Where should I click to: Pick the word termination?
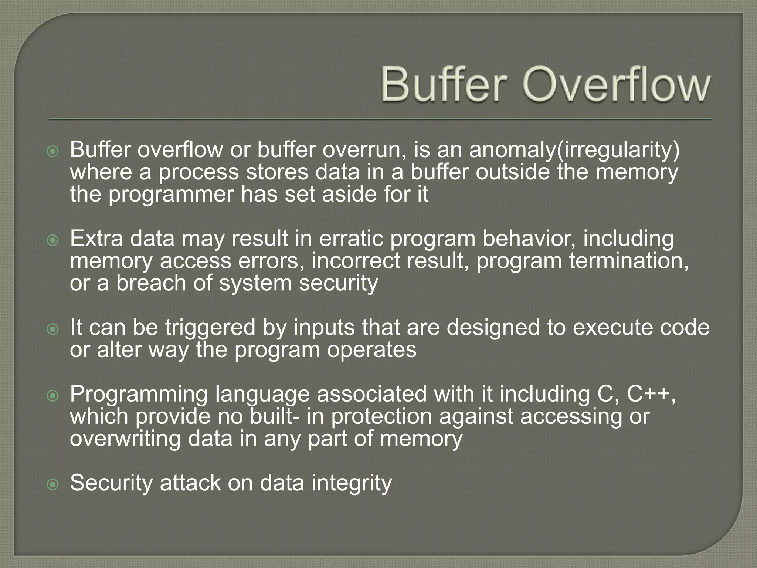click(628, 261)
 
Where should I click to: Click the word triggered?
click(210, 328)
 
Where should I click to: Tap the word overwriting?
click(125, 439)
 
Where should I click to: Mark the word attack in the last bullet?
click(190, 483)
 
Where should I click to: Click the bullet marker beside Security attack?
click(53, 484)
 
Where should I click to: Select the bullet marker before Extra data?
click(53, 241)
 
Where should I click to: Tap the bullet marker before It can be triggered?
click(53, 329)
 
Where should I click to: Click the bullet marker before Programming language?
click(53, 396)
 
